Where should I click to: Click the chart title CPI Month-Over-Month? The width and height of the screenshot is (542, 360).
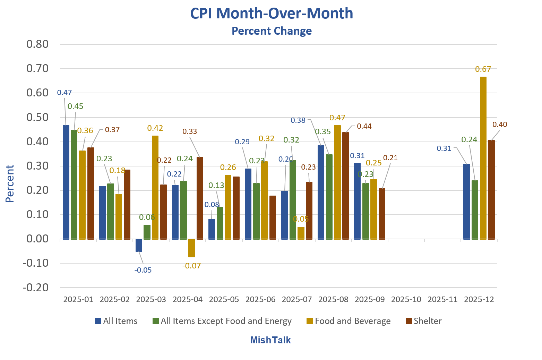[x=272, y=14]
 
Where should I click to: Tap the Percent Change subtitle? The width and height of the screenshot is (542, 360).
[x=272, y=31]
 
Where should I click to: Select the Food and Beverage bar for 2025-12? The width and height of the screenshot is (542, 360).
[x=483, y=158]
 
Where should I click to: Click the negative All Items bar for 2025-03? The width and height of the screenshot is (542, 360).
[x=139, y=245]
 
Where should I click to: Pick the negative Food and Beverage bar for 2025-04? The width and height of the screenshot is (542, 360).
[x=191, y=248]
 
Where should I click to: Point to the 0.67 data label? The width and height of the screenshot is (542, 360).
[x=483, y=69]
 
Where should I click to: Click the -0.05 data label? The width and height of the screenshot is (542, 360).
[x=143, y=270]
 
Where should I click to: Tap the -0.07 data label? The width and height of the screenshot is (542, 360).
[x=191, y=266]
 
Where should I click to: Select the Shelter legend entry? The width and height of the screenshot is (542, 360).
[x=423, y=321]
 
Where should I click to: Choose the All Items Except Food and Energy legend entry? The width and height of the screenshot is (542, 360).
[x=222, y=321]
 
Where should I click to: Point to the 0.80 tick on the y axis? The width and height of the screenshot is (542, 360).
[x=37, y=44]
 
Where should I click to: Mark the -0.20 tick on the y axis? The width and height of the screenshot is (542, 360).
[x=36, y=288]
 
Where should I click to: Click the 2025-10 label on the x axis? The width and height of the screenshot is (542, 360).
[x=406, y=299]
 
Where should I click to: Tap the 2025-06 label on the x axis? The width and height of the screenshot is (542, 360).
[x=260, y=299]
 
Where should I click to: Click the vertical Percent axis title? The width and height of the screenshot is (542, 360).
[x=10, y=183]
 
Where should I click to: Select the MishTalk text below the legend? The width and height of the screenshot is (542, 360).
[x=270, y=340]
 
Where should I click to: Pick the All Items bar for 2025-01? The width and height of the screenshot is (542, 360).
[x=66, y=182]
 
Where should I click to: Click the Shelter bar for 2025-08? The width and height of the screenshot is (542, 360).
[x=345, y=186]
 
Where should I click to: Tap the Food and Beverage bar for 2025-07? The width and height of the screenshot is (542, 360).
[x=301, y=233]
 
